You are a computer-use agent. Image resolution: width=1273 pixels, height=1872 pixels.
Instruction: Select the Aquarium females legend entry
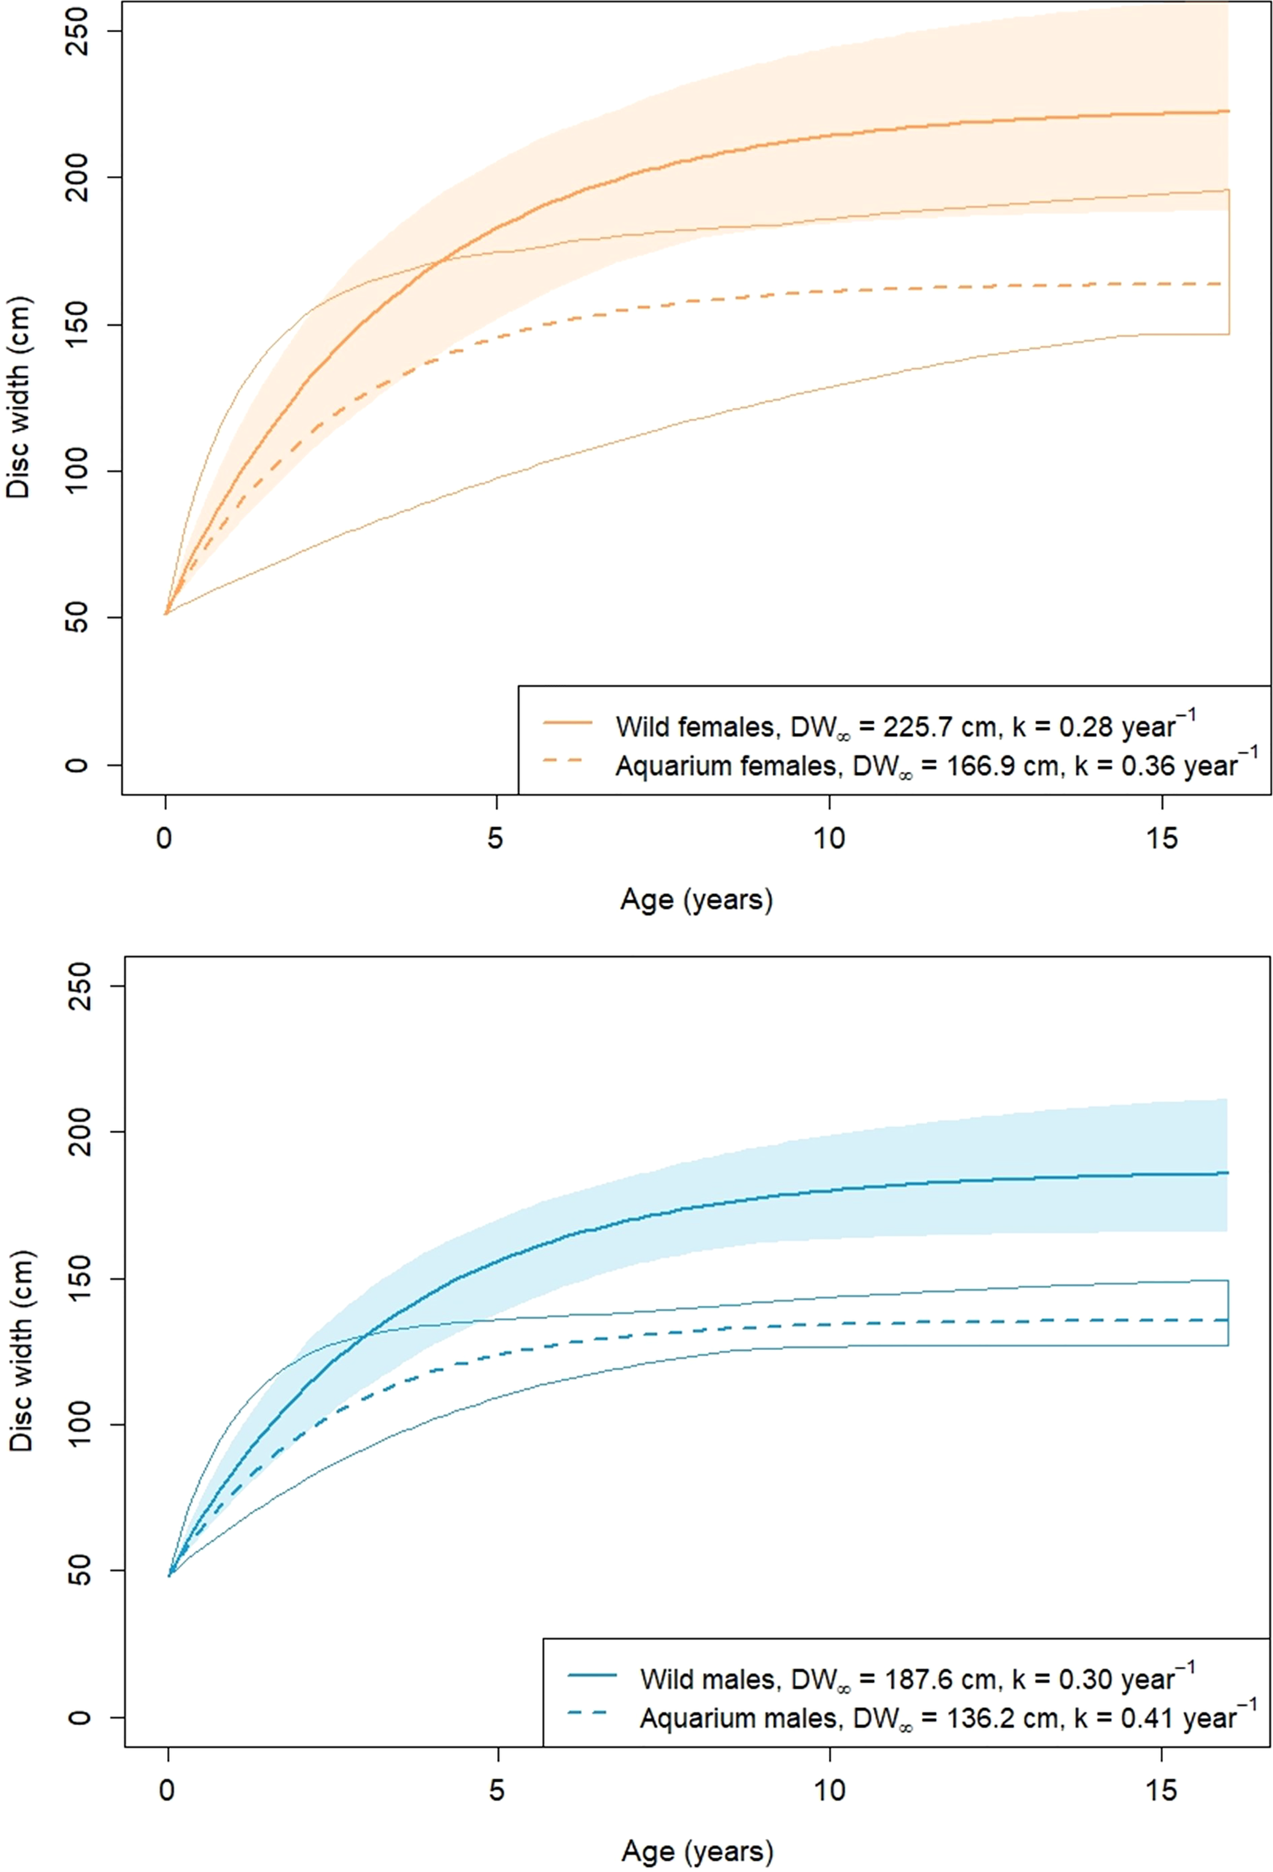[935, 765]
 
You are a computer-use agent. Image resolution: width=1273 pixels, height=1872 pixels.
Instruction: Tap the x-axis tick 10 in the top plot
[829, 839]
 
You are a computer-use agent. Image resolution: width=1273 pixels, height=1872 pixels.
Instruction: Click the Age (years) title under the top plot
[696, 899]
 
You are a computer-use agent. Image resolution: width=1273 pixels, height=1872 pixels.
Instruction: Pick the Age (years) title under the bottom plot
[696, 1850]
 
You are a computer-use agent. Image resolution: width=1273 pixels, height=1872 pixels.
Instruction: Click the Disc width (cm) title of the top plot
[18, 398]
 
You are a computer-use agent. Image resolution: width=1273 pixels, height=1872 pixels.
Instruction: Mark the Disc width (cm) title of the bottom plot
[21, 1351]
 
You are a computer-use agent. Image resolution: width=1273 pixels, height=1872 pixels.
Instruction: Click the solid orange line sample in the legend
[568, 723]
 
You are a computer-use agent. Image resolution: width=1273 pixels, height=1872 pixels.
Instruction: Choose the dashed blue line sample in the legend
[592, 1714]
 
